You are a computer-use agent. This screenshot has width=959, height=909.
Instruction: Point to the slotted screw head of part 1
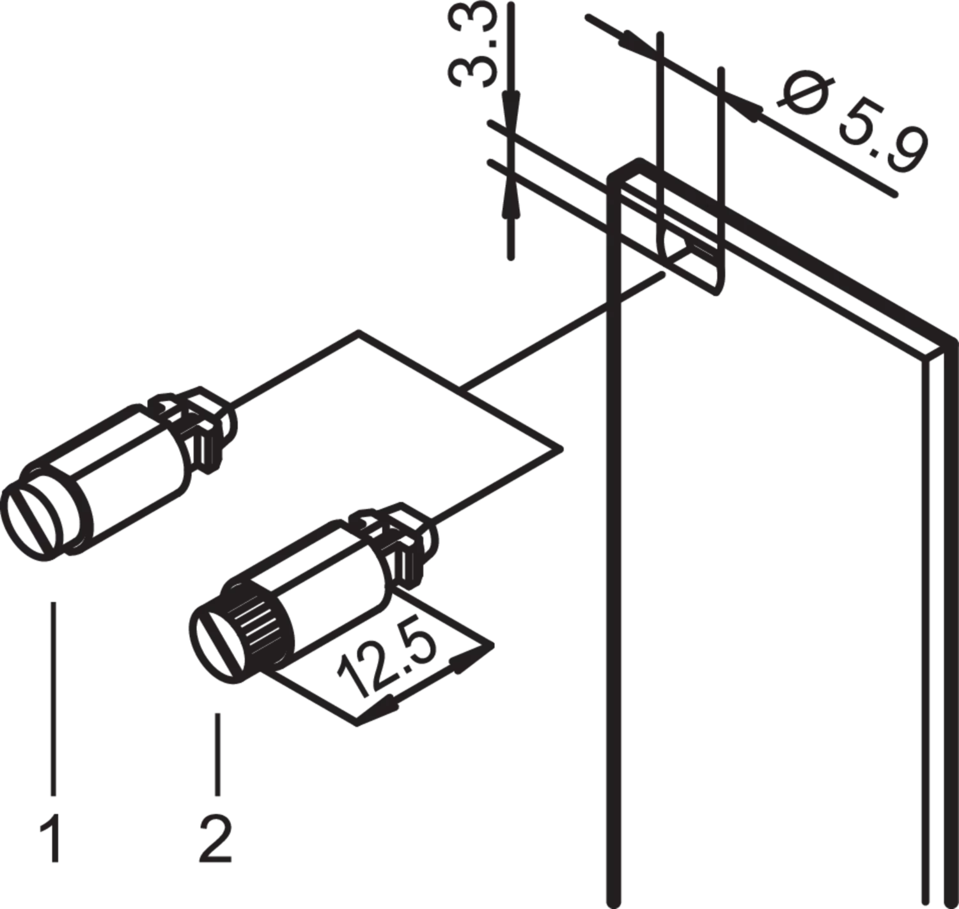(x=33, y=523)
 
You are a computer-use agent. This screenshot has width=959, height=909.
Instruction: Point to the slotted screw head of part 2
(x=219, y=644)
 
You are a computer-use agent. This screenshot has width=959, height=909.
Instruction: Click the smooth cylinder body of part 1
(x=117, y=478)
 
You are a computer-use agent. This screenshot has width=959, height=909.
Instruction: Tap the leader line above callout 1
(x=53, y=699)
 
